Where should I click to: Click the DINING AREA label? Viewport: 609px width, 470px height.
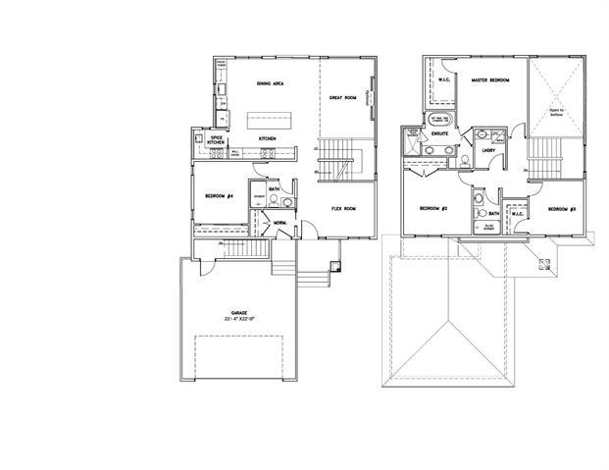[x=270, y=83]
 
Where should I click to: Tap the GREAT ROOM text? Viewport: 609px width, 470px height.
[x=341, y=97]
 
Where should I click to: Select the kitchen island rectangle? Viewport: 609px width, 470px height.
[x=269, y=120]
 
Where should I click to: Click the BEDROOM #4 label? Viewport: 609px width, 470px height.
[x=218, y=197]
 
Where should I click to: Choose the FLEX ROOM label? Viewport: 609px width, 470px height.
[x=342, y=208]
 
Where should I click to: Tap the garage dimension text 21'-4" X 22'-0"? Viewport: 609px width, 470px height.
[x=239, y=319]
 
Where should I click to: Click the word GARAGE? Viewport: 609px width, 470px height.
[x=239, y=312]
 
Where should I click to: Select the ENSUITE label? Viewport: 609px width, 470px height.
[x=440, y=131]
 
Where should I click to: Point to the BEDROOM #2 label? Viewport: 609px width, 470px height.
[x=433, y=208]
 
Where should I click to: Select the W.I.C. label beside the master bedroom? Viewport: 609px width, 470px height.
[x=443, y=80]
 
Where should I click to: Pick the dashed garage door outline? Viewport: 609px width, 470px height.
[x=239, y=361]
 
